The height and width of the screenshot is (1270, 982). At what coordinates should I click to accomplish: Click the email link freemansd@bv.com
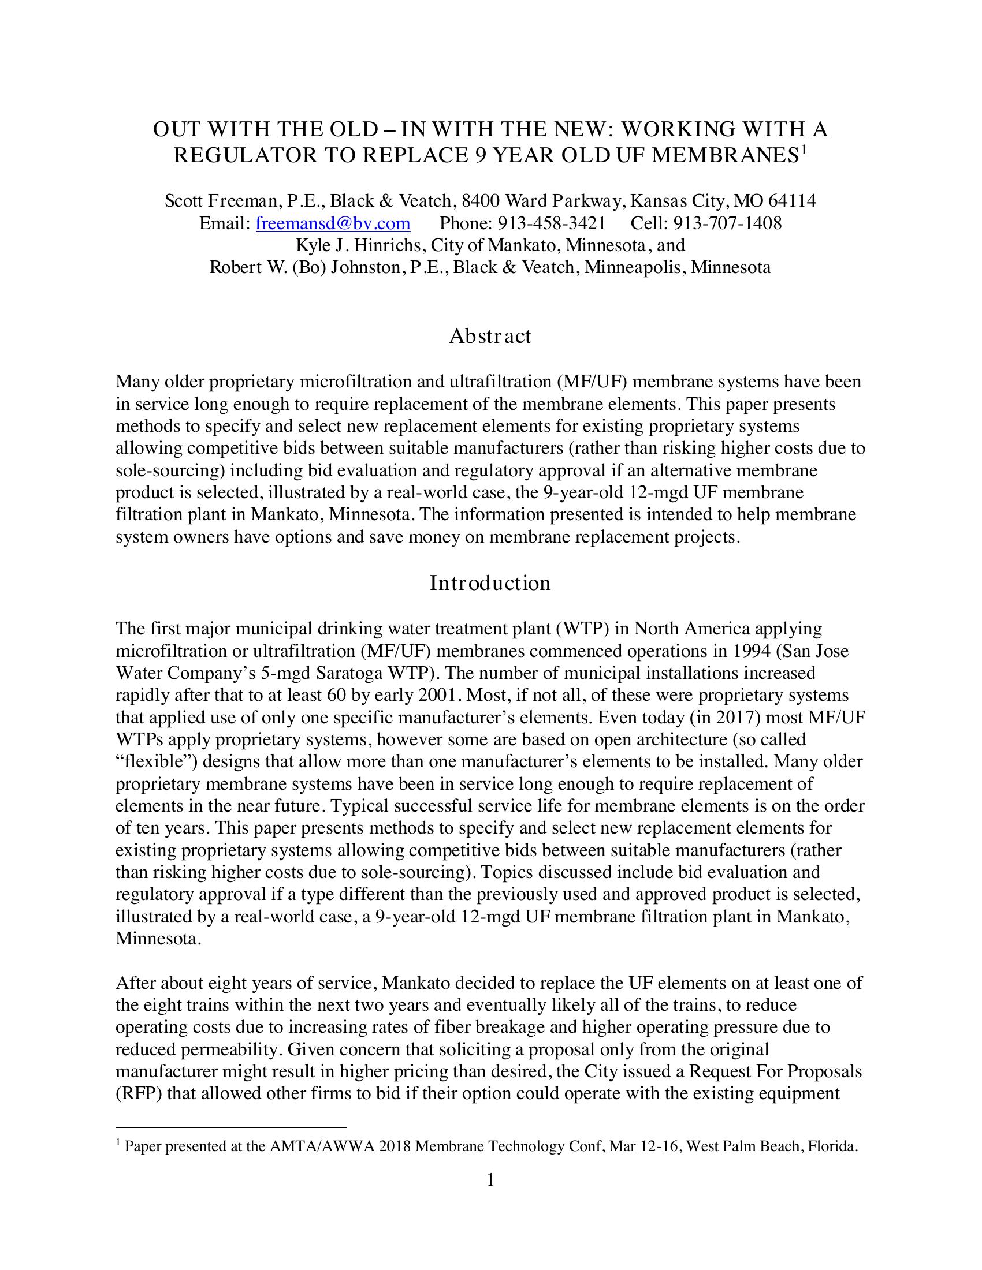pos(333,223)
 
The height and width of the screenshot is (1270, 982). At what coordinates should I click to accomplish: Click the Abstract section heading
pos(490,336)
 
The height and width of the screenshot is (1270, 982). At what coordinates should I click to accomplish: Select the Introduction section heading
pos(490,582)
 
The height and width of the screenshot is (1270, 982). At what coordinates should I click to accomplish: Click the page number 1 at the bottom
pos(490,1180)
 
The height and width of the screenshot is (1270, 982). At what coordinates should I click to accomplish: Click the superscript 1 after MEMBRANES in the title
pos(804,150)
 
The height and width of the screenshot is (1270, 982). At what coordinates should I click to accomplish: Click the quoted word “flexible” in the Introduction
pos(149,761)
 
